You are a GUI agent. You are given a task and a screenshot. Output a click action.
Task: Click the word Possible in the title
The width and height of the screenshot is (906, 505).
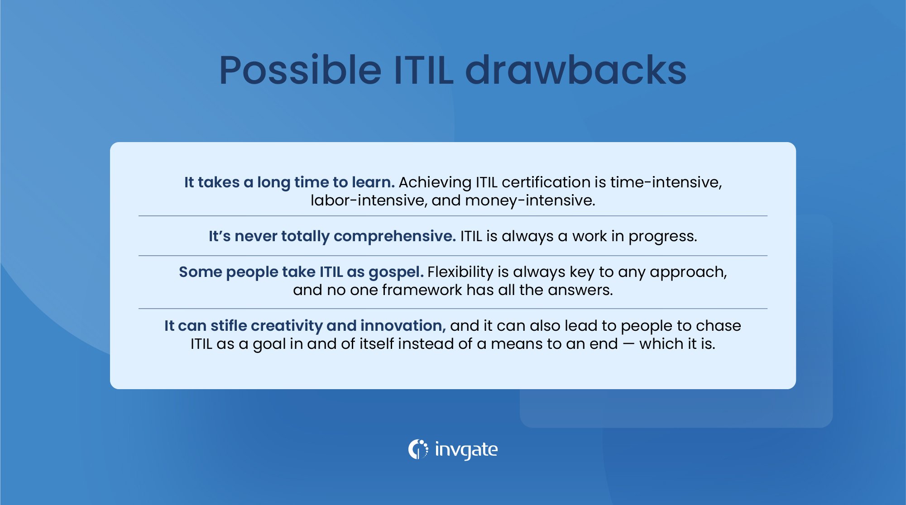(x=300, y=71)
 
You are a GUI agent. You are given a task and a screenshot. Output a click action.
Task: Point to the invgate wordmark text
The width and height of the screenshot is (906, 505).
(x=466, y=450)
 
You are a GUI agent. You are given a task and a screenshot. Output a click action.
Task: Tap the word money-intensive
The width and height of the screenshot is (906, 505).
(x=530, y=200)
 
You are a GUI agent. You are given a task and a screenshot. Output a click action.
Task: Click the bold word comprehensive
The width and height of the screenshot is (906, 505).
(x=394, y=237)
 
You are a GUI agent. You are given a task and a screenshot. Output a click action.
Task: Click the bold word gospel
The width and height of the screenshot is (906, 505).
(x=396, y=272)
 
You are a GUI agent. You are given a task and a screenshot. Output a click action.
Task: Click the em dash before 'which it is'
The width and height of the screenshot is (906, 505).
(x=628, y=344)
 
